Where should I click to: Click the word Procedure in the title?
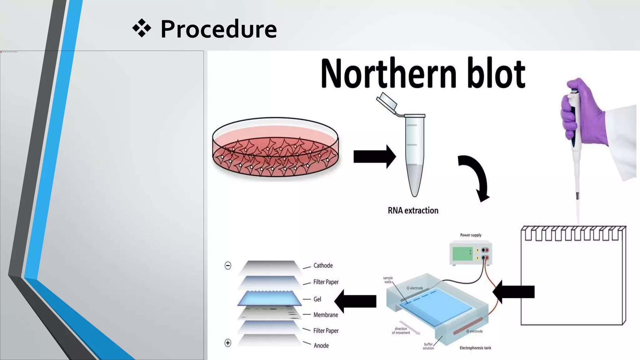(x=218, y=29)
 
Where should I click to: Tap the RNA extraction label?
(x=413, y=211)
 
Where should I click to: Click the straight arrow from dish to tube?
(x=374, y=157)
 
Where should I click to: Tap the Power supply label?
(x=471, y=235)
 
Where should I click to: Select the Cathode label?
(x=323, y=266)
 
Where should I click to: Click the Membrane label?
(x=326, y=315)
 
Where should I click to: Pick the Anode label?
(x=321, y=346)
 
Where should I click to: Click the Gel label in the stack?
(x=317, y=299)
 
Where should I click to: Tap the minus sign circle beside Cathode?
(x=228, y=266)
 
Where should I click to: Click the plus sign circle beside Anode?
(x=228, y=343)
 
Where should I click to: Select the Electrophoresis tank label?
(x=475, y=348)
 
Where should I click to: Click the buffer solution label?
(x=428, y=346)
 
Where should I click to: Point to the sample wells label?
(x=388, y=280)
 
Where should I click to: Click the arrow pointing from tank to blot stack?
(x=356, y=301)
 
